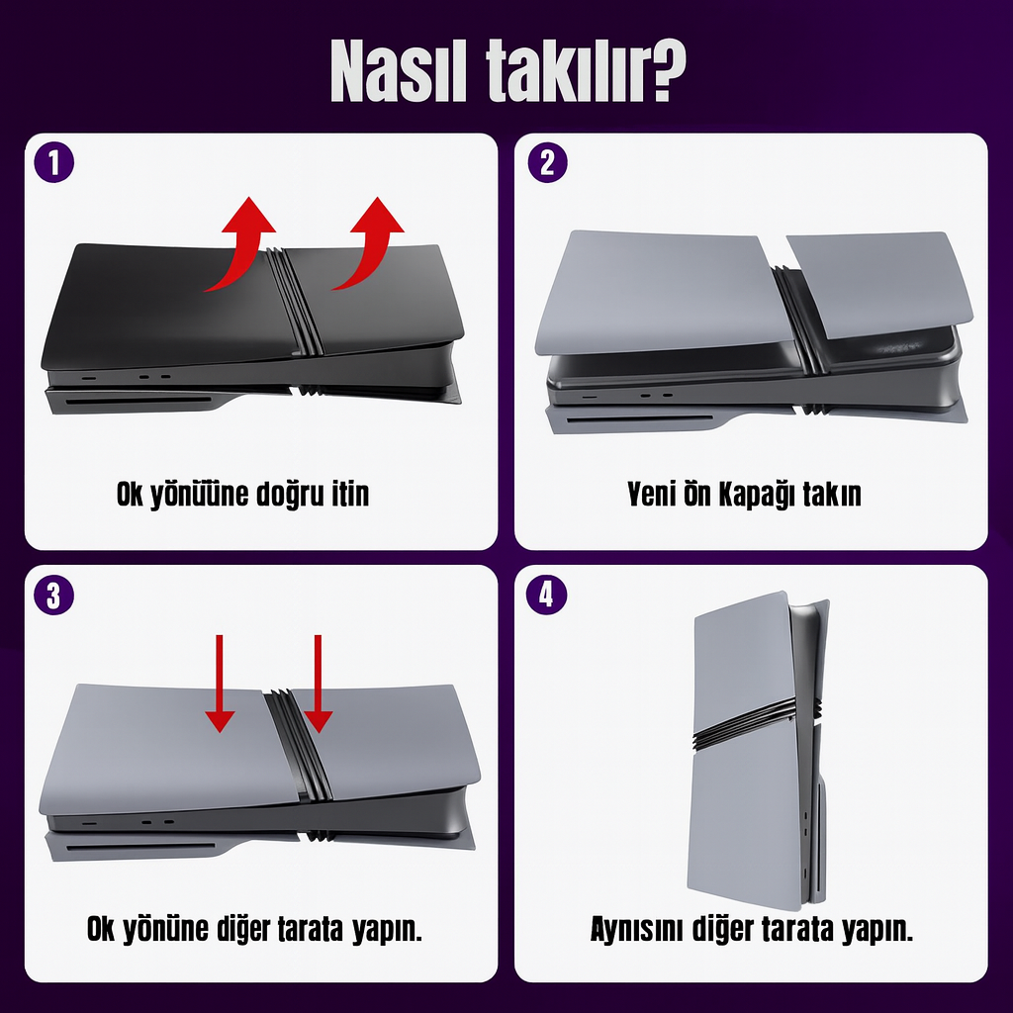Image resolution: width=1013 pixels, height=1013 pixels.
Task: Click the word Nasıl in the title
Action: coord(398,70)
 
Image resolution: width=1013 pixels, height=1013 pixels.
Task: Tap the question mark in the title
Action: coord(665,70)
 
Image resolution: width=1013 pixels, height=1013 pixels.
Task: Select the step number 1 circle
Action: coord(54,162)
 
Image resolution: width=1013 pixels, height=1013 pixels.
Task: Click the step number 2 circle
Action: coord(547,162)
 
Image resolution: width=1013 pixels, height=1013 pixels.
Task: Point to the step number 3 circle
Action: coord(54,595)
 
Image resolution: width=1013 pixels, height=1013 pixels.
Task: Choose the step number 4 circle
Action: coord(546,595)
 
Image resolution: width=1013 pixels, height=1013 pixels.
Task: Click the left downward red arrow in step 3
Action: coord(220,684)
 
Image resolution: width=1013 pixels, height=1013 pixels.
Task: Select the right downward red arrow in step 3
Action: coord(318,684)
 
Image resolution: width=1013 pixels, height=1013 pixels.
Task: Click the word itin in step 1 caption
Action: coord(350,495)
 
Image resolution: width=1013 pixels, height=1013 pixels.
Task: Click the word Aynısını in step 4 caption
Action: coord(637,929)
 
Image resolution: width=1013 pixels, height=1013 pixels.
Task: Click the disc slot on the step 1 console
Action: coord(138,401)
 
